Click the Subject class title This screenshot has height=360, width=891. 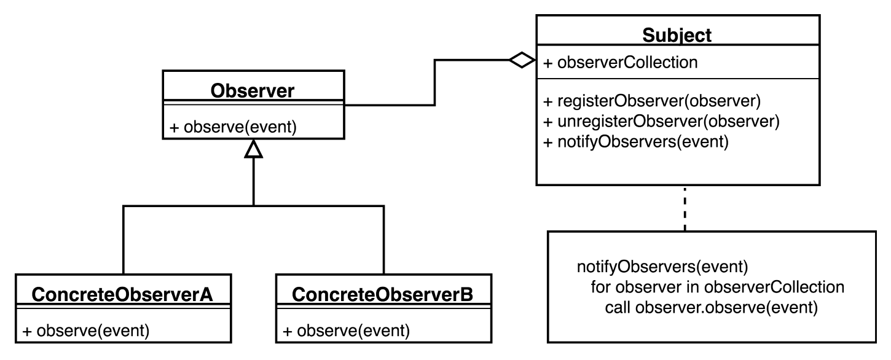point(677,35)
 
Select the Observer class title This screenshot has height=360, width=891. point(253,90)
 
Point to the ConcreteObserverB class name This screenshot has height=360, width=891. point(383,294)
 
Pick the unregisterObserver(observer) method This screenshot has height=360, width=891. point(661,122)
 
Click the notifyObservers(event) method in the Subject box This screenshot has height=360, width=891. point(636,142)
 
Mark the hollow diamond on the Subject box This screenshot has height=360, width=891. point(522,60)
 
